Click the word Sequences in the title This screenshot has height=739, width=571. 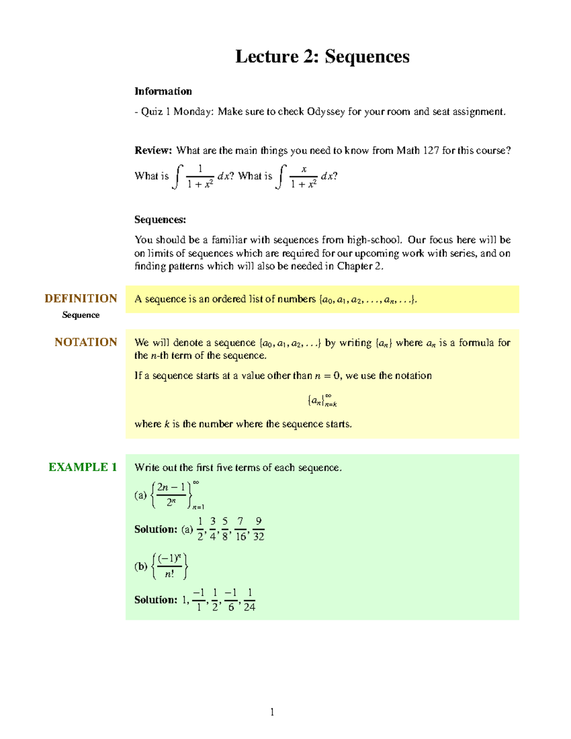click(367, 57)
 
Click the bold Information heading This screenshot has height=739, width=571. click(163, 91)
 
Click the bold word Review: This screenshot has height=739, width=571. click(153, 151)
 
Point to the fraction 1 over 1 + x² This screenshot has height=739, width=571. click(200, 177)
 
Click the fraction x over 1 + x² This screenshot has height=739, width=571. click(304, 177)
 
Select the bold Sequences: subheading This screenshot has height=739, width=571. click(160, 220)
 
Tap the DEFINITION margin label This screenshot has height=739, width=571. click(81, 298)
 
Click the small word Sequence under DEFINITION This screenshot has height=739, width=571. click(81, 315)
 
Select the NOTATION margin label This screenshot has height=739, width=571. click(86, 342)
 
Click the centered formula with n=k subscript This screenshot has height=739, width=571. click(322, 400)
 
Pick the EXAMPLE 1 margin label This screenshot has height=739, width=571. click(83, 467)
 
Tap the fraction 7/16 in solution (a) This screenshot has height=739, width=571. click(241, 529)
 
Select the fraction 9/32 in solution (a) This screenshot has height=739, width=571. click(258, 529)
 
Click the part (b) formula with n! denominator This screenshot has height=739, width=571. click(169, 566)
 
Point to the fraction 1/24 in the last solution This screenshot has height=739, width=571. click(249, 600)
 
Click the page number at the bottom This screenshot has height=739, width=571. click(272, 712)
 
